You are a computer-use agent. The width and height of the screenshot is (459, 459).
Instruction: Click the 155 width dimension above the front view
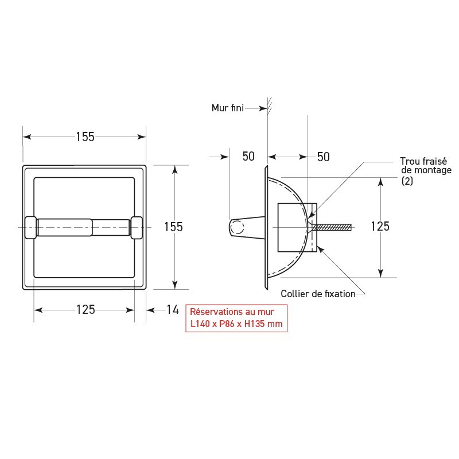tap(84, 137)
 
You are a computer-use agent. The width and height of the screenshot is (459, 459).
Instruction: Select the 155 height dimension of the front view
tap(173, 227)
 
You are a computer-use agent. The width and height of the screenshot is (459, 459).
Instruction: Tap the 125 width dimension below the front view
tap(85, 310)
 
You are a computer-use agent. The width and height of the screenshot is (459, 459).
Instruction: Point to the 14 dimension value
tap(172, 310)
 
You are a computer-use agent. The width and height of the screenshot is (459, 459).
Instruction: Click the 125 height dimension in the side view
tap(380, 226)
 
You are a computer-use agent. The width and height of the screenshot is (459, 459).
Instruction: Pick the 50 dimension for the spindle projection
tap(248, 157)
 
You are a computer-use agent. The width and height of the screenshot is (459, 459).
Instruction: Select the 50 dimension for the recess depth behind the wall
tap(323, 157)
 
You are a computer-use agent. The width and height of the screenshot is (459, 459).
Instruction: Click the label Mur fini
tap(227, 107)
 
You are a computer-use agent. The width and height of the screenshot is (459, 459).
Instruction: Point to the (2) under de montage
tap(407, 180)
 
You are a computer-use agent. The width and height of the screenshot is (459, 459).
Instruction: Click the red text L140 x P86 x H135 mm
tap(236, 324)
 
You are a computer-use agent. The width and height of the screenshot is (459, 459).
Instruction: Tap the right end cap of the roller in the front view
tap(137, 227)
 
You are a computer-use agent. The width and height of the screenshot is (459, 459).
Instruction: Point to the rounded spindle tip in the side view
tap(236, 228)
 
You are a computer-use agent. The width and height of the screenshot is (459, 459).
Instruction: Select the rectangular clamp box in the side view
tap(297, 228)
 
